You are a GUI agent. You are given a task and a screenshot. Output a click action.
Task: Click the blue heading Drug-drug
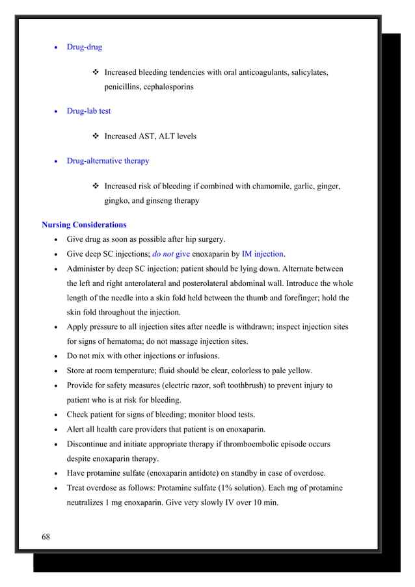point(84,47)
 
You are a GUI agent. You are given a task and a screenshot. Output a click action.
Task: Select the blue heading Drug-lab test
point(88,111)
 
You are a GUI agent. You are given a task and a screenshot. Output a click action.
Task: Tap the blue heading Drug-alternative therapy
point(107,161)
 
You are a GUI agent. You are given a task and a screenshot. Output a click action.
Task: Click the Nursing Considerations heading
point(84,225)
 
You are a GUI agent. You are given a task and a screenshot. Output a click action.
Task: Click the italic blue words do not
point(163,254)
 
